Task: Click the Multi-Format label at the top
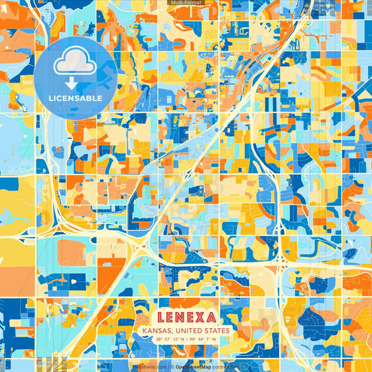coord(185,3)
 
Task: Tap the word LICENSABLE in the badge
coord(75,98)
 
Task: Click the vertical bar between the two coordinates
coord(187,339)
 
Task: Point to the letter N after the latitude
coord(182,339)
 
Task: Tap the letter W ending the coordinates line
coord(215,339)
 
